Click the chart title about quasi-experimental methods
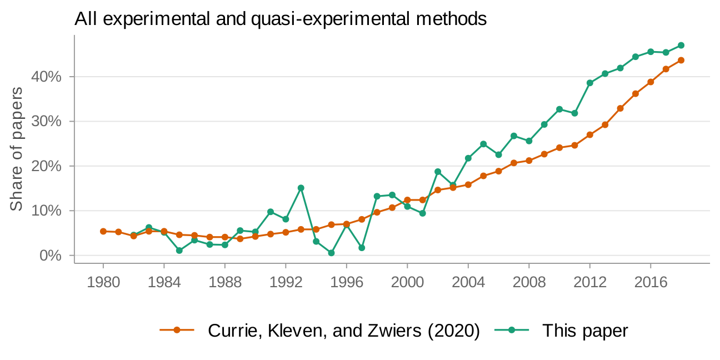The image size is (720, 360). [281, 19]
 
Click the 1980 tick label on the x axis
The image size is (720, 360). [103, 282]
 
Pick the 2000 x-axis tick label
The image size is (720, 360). [407, 282]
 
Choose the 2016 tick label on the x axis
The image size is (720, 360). [651, 282]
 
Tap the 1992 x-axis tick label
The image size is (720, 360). [286, 282]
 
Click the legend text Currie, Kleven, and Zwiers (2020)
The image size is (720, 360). [344, 331]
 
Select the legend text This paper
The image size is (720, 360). [585, 331]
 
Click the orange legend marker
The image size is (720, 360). [177, 331]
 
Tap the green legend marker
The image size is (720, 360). [511, 331]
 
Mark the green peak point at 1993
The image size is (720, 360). [301, 188]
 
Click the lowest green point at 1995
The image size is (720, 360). [331, 253]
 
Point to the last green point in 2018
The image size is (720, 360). [681, 46]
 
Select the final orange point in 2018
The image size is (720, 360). [681, 60]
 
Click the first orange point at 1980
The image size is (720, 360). [103, 231]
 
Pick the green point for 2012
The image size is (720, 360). [589, 83]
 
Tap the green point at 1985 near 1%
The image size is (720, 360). [179, 251]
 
